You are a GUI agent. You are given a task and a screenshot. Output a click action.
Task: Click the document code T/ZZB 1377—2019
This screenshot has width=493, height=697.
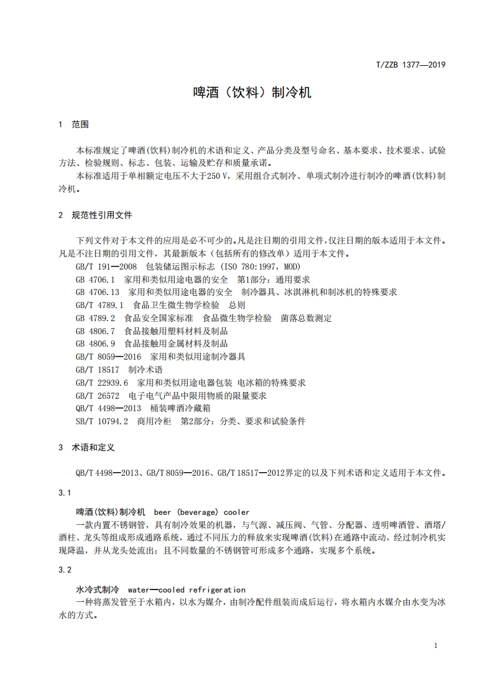[411, 64]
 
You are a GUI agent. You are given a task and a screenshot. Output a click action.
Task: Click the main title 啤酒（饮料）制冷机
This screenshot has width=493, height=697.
[252, 93]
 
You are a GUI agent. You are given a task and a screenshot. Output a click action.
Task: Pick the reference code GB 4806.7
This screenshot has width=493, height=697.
[94, 330]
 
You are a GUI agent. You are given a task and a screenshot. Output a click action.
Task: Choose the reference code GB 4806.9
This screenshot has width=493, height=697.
[94, 344]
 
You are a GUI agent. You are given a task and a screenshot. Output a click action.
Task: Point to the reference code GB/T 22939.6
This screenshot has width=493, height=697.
[101, 383]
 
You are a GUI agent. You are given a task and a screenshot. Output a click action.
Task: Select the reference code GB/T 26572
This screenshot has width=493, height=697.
[97, 396]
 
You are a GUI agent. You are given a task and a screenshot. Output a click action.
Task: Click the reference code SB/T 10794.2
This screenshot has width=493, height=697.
[101, 421]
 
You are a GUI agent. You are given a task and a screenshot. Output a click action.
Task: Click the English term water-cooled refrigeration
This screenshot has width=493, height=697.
[186, 590]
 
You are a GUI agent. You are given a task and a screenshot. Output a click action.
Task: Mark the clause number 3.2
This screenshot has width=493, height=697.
[65, 570]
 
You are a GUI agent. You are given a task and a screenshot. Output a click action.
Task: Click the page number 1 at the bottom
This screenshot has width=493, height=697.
[436, 645]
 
